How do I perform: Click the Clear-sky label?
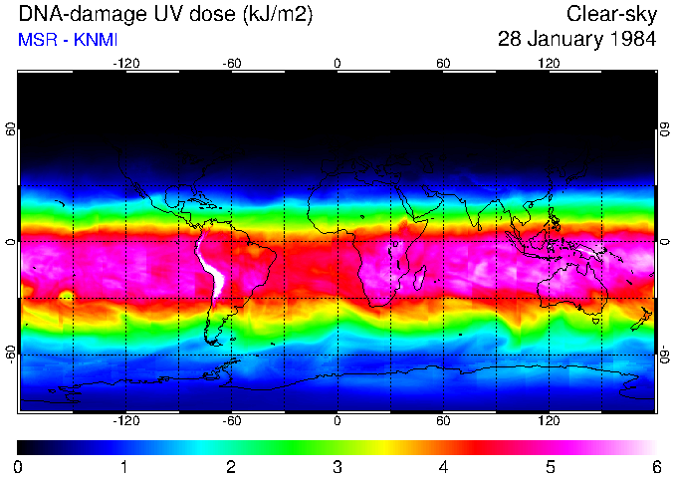tap(611, 15)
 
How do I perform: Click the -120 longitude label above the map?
tap(125, 63)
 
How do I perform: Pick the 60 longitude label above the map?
tap(443, 63)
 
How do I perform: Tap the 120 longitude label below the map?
tap(550, 422)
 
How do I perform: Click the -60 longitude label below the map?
tap(232, 422)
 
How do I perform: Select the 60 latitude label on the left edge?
tap(11, 129)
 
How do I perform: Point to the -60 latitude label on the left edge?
tap(11, 354)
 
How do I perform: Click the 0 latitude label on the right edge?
tap(664, 242)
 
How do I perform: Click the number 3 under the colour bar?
tap(337, 465)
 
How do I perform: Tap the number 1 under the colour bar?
tap(124, 465)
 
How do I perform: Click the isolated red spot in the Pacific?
tap(67, 296)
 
